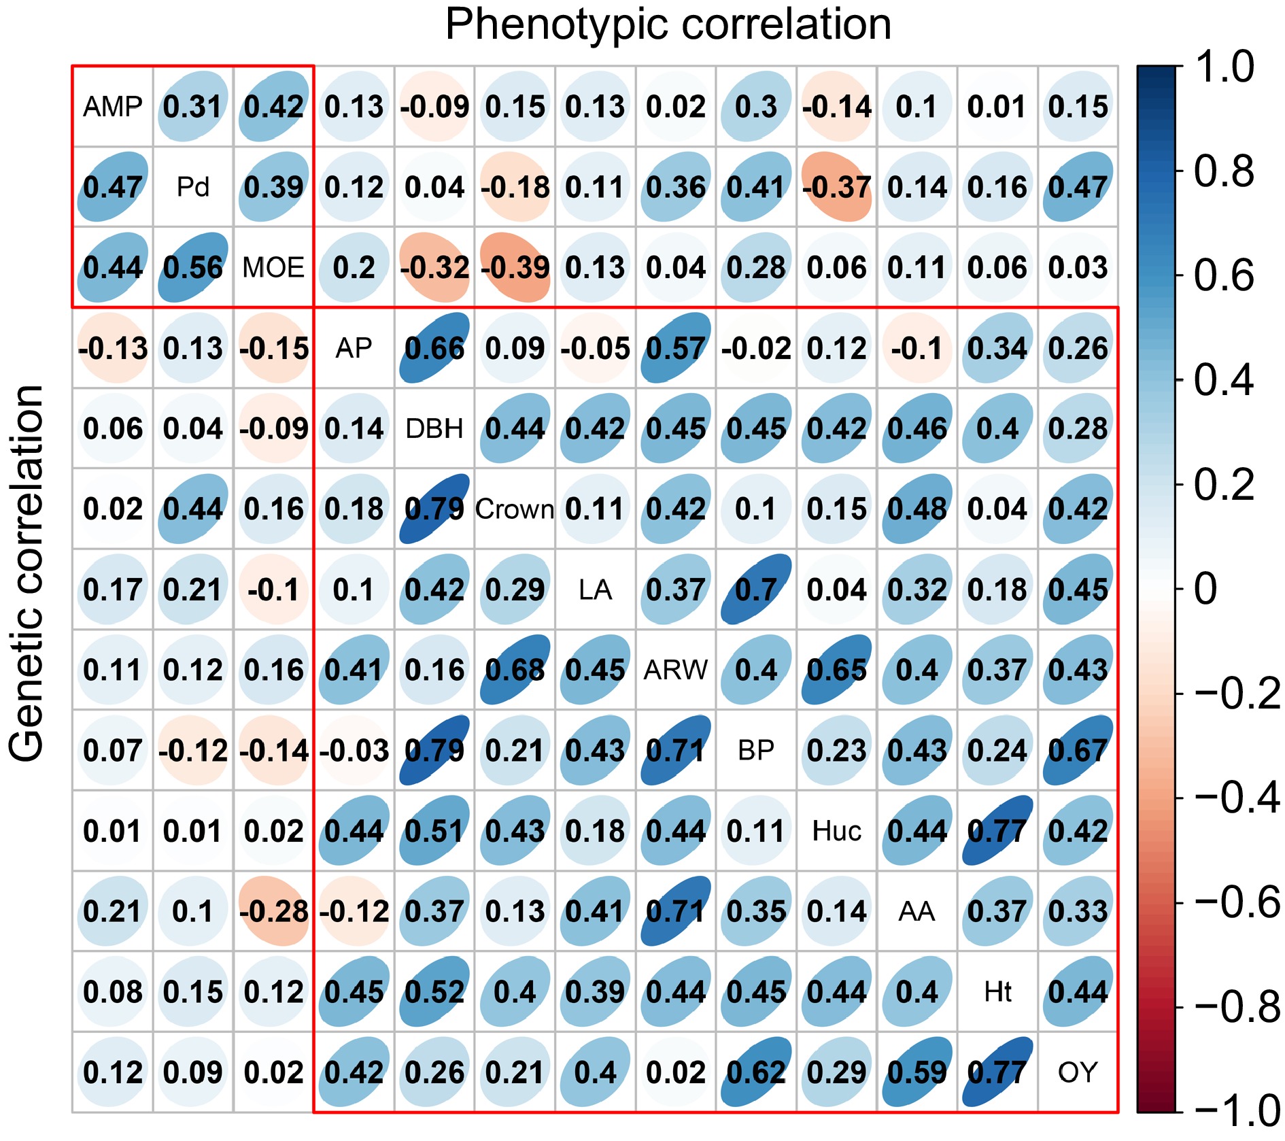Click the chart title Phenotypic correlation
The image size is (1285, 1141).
click(x=668, y=24)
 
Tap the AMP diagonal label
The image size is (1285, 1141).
click(x=113, y=107)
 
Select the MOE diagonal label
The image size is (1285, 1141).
click(x=273, y=268)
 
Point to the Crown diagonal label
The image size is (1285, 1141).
click(x=515, y=509)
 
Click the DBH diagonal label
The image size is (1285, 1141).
click(x=434, y=429)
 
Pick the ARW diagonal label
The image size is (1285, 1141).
click(x=676, y=670)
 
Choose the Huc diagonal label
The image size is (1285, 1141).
click(x=837, y=831)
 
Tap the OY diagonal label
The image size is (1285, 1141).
click(x=1078, y=1072)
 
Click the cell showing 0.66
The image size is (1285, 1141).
click(x=434, y=348)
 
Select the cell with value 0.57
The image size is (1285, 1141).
click(x=676, y=348)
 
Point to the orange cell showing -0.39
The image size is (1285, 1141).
click(x=515, y=268)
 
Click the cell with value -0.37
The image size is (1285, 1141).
click(x=837, y=187)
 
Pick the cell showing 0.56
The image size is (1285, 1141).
click(x=193, y=268)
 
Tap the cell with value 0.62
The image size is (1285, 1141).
click(x=756, y=1072)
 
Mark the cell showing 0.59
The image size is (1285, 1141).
click(x=917, y=1072)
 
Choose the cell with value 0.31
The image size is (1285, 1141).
click(x=193, y=107)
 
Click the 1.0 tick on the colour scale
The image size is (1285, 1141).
click(x=1224, y=67)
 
